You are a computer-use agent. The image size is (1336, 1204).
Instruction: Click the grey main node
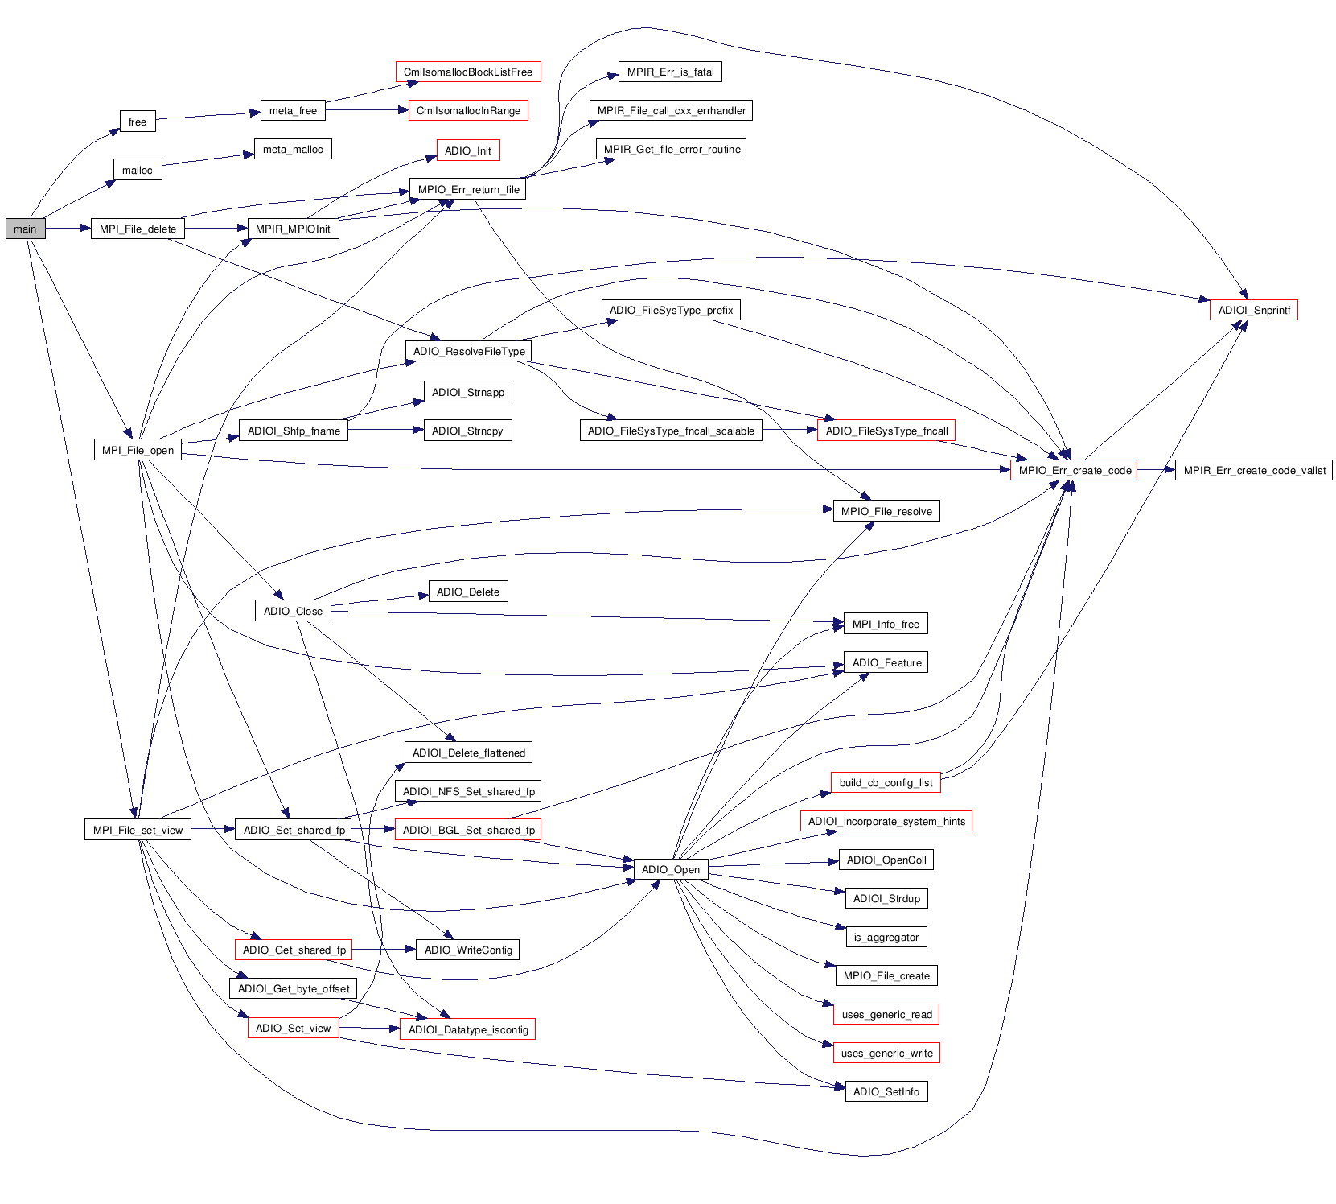click(x=25, y=229)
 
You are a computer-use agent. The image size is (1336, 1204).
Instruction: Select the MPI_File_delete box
click(x=138, y=229)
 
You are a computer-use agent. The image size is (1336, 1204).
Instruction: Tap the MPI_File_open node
click(x=138, y=450)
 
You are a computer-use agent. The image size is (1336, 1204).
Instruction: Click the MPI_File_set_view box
click(x=138, y=830)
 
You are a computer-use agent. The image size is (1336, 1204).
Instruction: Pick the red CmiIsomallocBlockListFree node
click(x=467, y=72)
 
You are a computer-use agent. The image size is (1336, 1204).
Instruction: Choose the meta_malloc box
click(x=293, y=149)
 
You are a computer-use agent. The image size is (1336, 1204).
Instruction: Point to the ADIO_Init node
click(x=467, y=150)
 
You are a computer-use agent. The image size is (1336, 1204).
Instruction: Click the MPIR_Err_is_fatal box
click(x=670, y=72)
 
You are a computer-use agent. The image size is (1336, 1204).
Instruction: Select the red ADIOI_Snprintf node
click(x=1253, y=310)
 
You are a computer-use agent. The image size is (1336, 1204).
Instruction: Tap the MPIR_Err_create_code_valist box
click(x=1254, y=470)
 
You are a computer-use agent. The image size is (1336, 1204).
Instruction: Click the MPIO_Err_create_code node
click(x=1074, y=470)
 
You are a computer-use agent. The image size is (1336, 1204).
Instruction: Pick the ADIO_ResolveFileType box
click(x=468, y=351)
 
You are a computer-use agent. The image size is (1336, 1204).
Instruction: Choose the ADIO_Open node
click(x=671, y=869)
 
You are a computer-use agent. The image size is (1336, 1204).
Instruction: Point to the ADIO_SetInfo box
click(x=886, y=1091)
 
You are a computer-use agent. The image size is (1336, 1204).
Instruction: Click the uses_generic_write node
click(x=886, y=1053)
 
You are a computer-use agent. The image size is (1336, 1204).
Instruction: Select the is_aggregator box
click(x=886, y=937)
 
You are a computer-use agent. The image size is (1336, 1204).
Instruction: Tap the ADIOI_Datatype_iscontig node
click(x=467, y=1029)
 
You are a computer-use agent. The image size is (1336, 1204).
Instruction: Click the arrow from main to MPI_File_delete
click(x=68, y=229)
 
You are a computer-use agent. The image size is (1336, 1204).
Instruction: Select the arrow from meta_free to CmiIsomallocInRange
click(x=367, y=110)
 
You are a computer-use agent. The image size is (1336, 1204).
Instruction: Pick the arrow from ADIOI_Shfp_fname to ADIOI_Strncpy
click(x=386, y=431)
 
